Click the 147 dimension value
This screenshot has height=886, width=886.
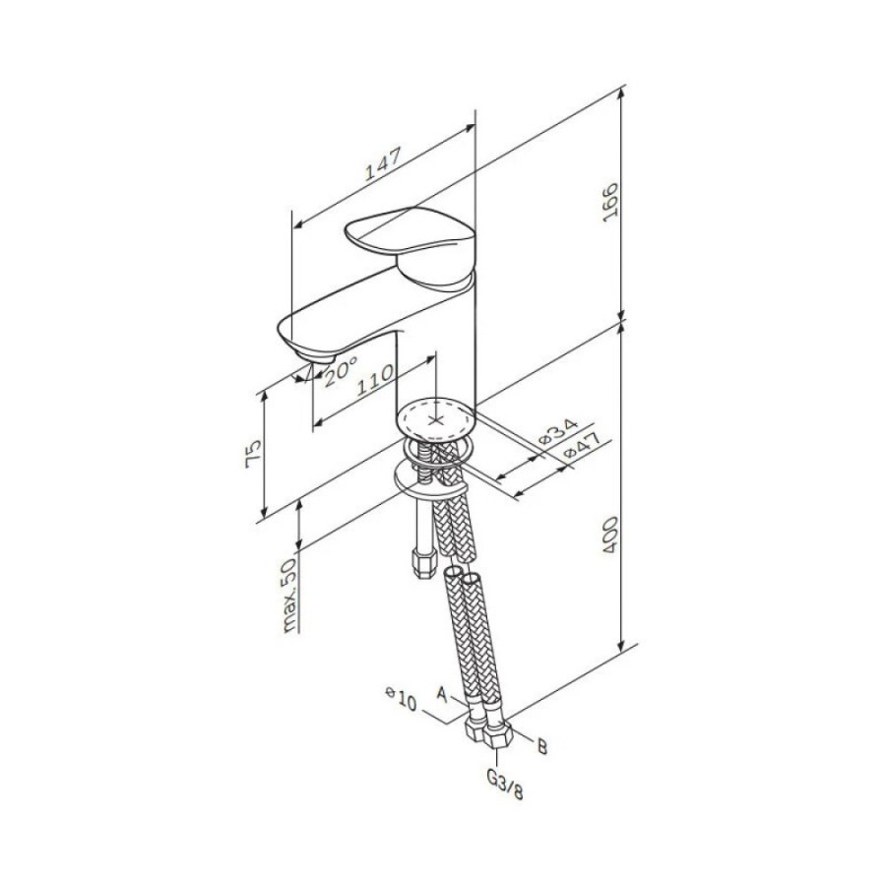(383, 163)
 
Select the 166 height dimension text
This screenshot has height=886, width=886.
(610, 202)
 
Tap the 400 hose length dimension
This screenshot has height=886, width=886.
(610, 535)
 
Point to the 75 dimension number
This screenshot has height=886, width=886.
(254, 452)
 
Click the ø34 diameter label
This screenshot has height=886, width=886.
(558, 432)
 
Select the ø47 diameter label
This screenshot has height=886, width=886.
(581, 445)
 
